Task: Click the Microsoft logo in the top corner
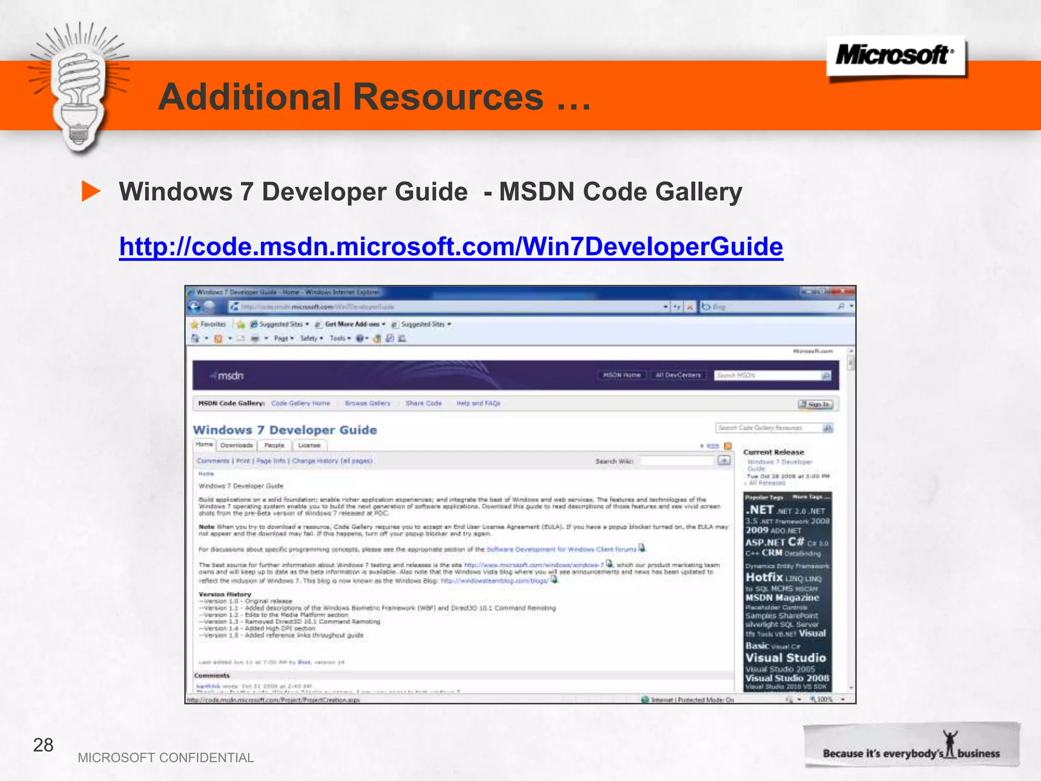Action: click(x=896, y=55)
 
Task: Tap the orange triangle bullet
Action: click(x=91, y=191)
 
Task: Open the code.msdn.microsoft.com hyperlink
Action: click(x=451, y=247)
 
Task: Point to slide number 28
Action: click(x=43, y=745)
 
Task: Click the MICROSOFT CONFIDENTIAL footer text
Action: click(x=166, y=758)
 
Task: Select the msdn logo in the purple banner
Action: click(x=228, y=376)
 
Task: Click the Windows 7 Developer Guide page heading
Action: click(x=285, y=430)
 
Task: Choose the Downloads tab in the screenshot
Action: click(x=236, y=445)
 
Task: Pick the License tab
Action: click(x=309, y=445)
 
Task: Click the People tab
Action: click(x=274, y=445)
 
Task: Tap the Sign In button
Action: click(x=815, y=404)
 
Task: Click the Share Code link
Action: click(x=423, y=403)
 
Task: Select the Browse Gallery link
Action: click(x=368, y=403)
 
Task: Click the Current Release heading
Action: click(x=774, y=452)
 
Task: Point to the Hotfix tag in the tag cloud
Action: click(x=764, y=577)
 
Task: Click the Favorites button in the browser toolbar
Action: click(x=208, y=324)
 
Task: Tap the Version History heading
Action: click(x=225, y=594)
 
